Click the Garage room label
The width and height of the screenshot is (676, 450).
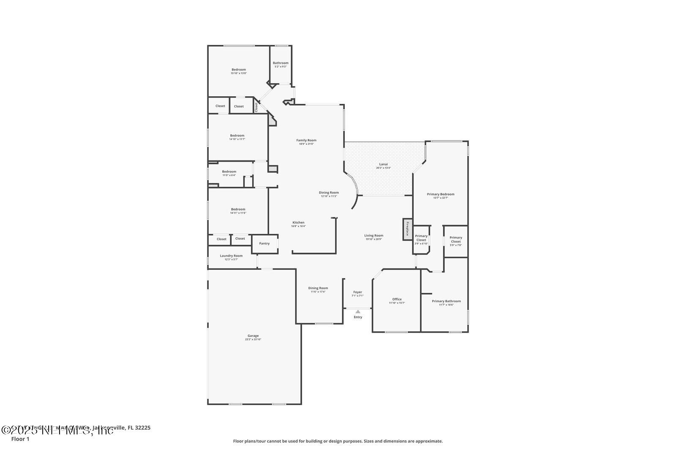tap(253, 336)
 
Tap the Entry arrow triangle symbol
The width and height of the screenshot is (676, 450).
tap(358, 312)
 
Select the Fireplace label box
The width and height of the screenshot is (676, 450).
tap(408, 229)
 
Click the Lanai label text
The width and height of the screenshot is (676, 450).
tap(383, 164)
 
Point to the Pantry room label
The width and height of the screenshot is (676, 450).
tap(264, 243)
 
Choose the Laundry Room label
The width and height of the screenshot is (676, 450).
tap(231, 255)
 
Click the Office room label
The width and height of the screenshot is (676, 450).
tap(397, 299)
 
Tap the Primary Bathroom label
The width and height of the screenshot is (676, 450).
tap(446, 301)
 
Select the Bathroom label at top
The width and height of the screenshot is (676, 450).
tap(281, 63)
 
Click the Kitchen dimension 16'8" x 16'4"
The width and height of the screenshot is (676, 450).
tap(298, 226)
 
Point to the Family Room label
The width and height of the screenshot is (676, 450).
tap(306, 140)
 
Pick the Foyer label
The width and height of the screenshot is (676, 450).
tap(357, 292)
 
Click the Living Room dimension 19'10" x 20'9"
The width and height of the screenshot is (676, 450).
tap(374, 239)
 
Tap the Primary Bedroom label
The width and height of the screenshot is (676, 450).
tap(441, 194)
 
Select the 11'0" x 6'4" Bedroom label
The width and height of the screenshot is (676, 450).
tap(229, 171)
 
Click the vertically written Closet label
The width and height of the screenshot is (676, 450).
tap(256, 107)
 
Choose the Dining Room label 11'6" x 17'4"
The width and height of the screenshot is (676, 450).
tap(318, 288)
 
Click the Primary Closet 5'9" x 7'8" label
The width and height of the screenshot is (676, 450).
tap(456, 239)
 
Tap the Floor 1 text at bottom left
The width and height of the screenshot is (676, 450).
tap(20, 439)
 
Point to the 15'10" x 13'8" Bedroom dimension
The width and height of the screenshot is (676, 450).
tap(239, 73)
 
